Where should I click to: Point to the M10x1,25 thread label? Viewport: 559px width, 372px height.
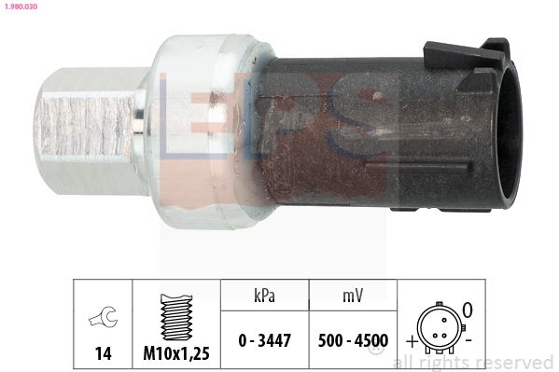175,354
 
